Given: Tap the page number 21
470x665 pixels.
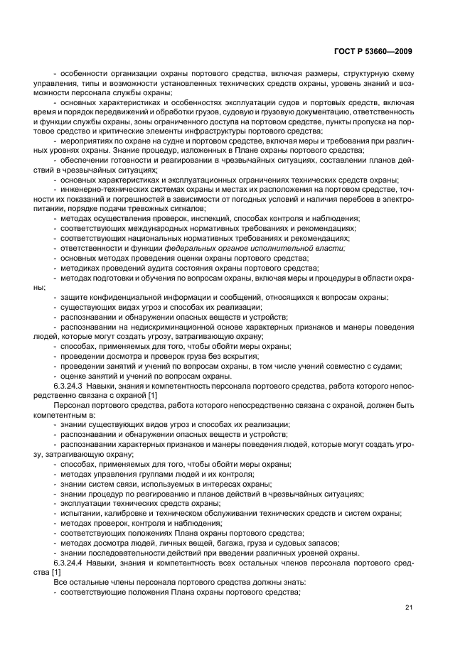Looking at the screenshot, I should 409,607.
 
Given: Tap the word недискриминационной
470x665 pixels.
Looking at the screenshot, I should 151,326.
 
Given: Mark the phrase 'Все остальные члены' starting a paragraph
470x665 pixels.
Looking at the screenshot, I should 90,582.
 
